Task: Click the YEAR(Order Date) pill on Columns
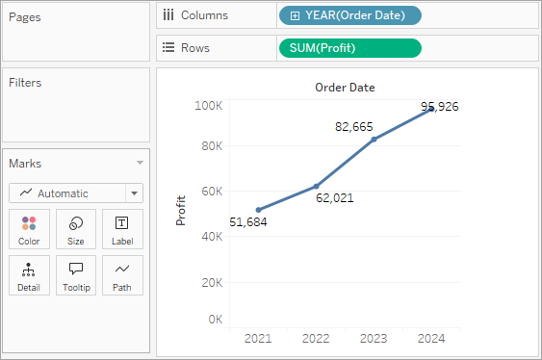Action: [x=350, y=15]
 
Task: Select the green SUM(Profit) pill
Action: [x=350, y=48]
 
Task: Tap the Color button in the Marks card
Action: [x=29, y=229]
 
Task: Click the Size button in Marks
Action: [x=76, y=229]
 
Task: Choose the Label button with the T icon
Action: [x=122, y=229]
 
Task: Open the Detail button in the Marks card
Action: [x=29, y=275]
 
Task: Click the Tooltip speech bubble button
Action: [x=76, y=275]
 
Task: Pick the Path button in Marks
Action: [x=122, y=275]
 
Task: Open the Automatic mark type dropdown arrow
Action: [x=135, y=193]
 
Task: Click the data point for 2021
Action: [x=259, y=210]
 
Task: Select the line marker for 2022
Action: [x=316, y=186]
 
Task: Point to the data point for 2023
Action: [x=374, y=140]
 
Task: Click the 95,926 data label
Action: [x=439, y=107]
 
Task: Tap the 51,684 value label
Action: [x=248, y=221]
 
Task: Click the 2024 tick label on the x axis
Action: [x=431, y=338]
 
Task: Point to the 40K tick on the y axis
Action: [x=212, y=237]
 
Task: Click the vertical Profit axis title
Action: [x=181, y=211]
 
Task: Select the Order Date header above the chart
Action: [x=345, y=88]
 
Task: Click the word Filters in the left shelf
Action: [x=25, y=83]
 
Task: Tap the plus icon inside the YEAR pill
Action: [x=295, y=15]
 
